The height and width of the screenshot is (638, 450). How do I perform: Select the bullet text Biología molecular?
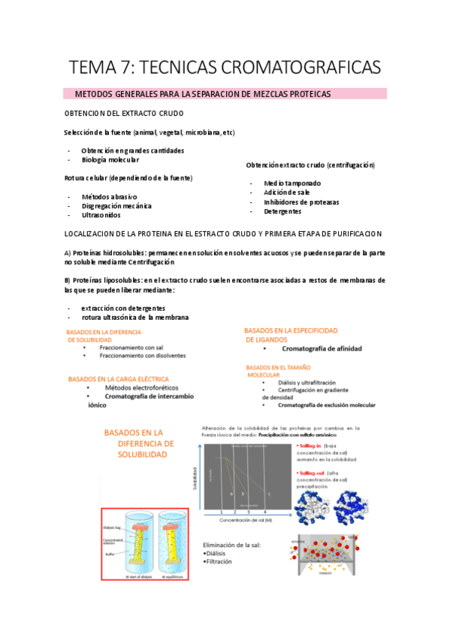(110, 159)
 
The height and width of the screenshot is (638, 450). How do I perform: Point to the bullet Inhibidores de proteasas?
(301, 202)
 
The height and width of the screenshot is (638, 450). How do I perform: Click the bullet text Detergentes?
(282, 212)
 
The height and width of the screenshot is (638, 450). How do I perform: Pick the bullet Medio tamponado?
(292, 183)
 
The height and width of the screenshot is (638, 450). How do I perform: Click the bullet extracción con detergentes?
(123, 308)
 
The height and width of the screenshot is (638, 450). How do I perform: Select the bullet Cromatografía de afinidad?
(322, 349)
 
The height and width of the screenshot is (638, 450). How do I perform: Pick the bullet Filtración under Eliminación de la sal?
(219, 561)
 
